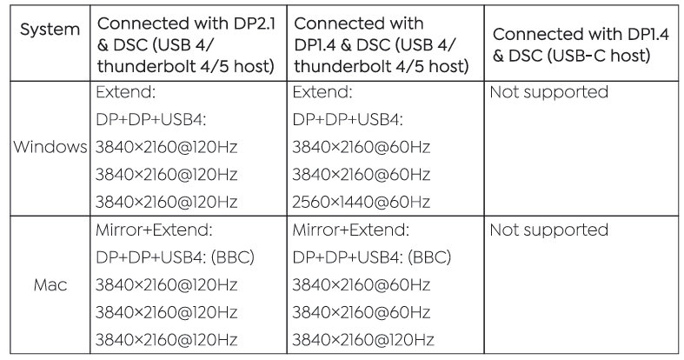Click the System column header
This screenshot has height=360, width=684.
[x=50, y=30]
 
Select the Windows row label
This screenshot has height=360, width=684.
[x=50, y=147]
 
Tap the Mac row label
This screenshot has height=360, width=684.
[x=50, y=285]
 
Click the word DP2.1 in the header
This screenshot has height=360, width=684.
[x=256, y=23]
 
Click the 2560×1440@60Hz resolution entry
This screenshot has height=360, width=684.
[x=362, y=202]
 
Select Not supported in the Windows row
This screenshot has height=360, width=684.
[x=548, y=92]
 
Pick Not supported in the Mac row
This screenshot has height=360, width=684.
[x=548, y=230]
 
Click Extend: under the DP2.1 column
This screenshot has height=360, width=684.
[x=126, y=92]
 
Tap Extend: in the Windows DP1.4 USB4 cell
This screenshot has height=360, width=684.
[x=322, y=92]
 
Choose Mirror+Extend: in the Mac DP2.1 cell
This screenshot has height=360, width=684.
[x=154, y=230]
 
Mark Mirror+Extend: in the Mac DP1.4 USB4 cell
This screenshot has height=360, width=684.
[x=351, y=230]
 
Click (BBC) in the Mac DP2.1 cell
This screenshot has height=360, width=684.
[x=233, y=257]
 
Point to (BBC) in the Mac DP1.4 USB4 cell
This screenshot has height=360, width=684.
[x=429, y=257]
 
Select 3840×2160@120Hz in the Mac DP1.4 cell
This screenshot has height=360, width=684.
[x=363, y=340]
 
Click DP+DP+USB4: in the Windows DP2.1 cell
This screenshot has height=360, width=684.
[x=151, y=119]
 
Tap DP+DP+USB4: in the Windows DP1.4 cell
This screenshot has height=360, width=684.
[x=348, y=119]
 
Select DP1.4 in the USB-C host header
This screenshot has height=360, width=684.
[x=648, y=34]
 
